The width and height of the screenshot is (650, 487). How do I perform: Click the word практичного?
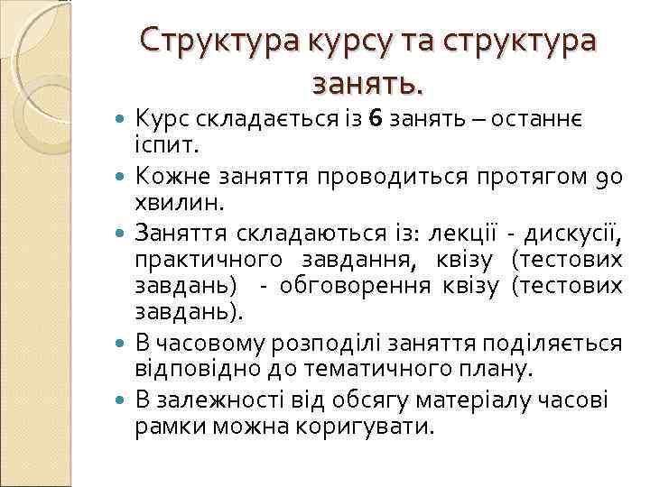200,262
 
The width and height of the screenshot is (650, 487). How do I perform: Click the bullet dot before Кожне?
123,169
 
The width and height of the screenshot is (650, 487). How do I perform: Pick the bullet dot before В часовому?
123,345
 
